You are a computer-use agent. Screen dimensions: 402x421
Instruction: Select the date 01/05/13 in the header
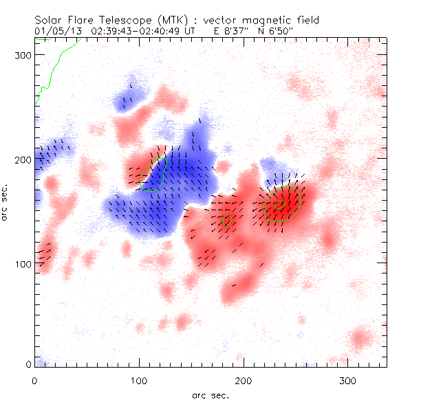56,31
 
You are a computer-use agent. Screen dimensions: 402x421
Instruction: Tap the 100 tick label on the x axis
139,380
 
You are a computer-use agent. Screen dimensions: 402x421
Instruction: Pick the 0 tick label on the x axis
34,380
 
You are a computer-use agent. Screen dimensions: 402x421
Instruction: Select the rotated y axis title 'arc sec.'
8,203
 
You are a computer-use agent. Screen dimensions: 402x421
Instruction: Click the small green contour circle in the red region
228,220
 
